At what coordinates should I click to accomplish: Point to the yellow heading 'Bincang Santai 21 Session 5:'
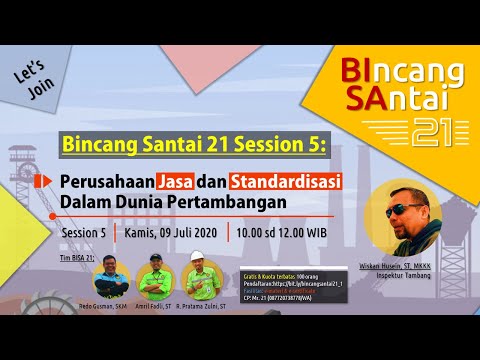click(193, 145)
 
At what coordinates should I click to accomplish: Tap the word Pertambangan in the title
click(220, 203)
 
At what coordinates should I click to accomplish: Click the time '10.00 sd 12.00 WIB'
click(282, 234)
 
